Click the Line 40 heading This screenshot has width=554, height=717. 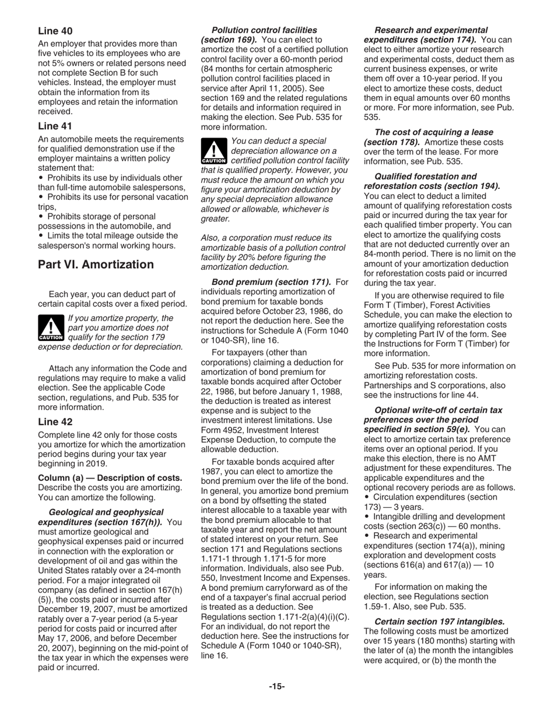point(55,30)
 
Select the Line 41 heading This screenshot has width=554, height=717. point(55,126)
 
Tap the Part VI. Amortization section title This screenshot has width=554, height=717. point(96,265)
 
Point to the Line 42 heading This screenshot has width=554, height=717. point(55,421)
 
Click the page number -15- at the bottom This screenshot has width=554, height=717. point(276,686)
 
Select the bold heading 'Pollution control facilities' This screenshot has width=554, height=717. point(264,30)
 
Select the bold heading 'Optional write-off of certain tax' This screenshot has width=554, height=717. point(438,410)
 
